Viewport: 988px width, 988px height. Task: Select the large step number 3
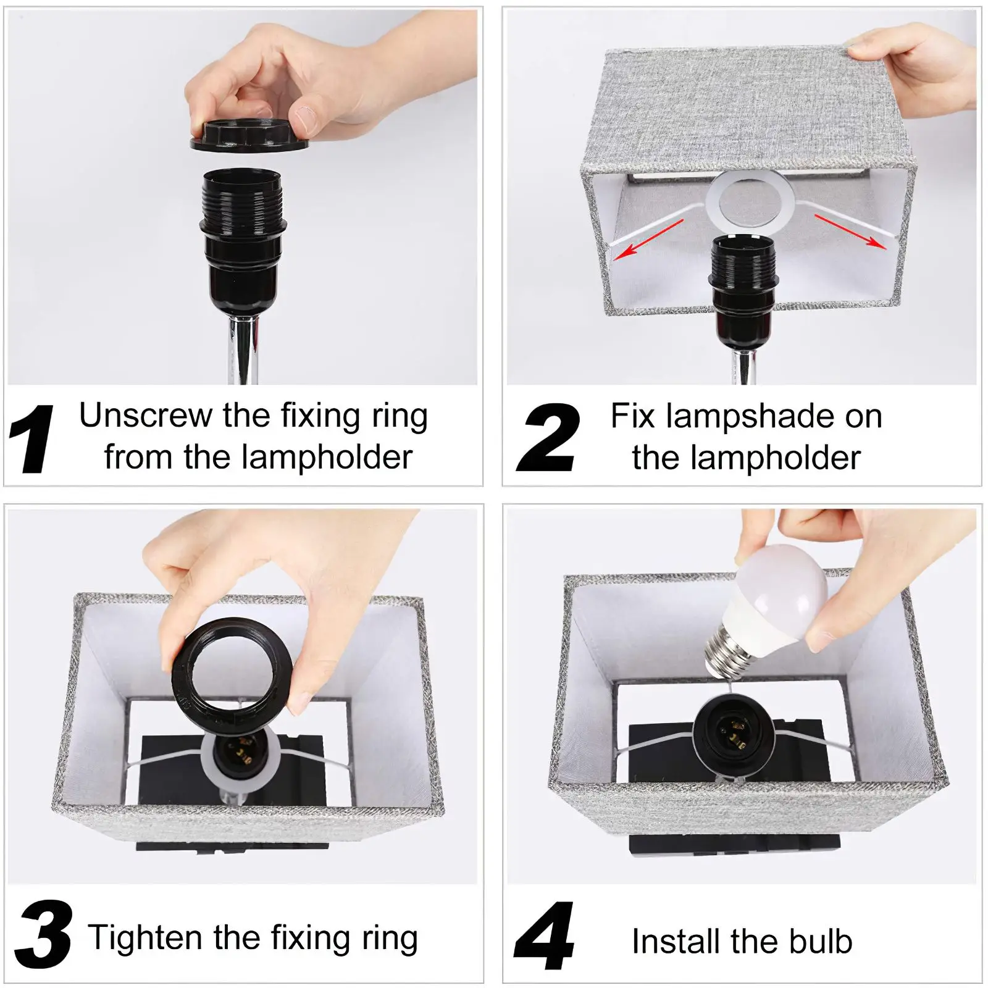coord(43,934)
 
